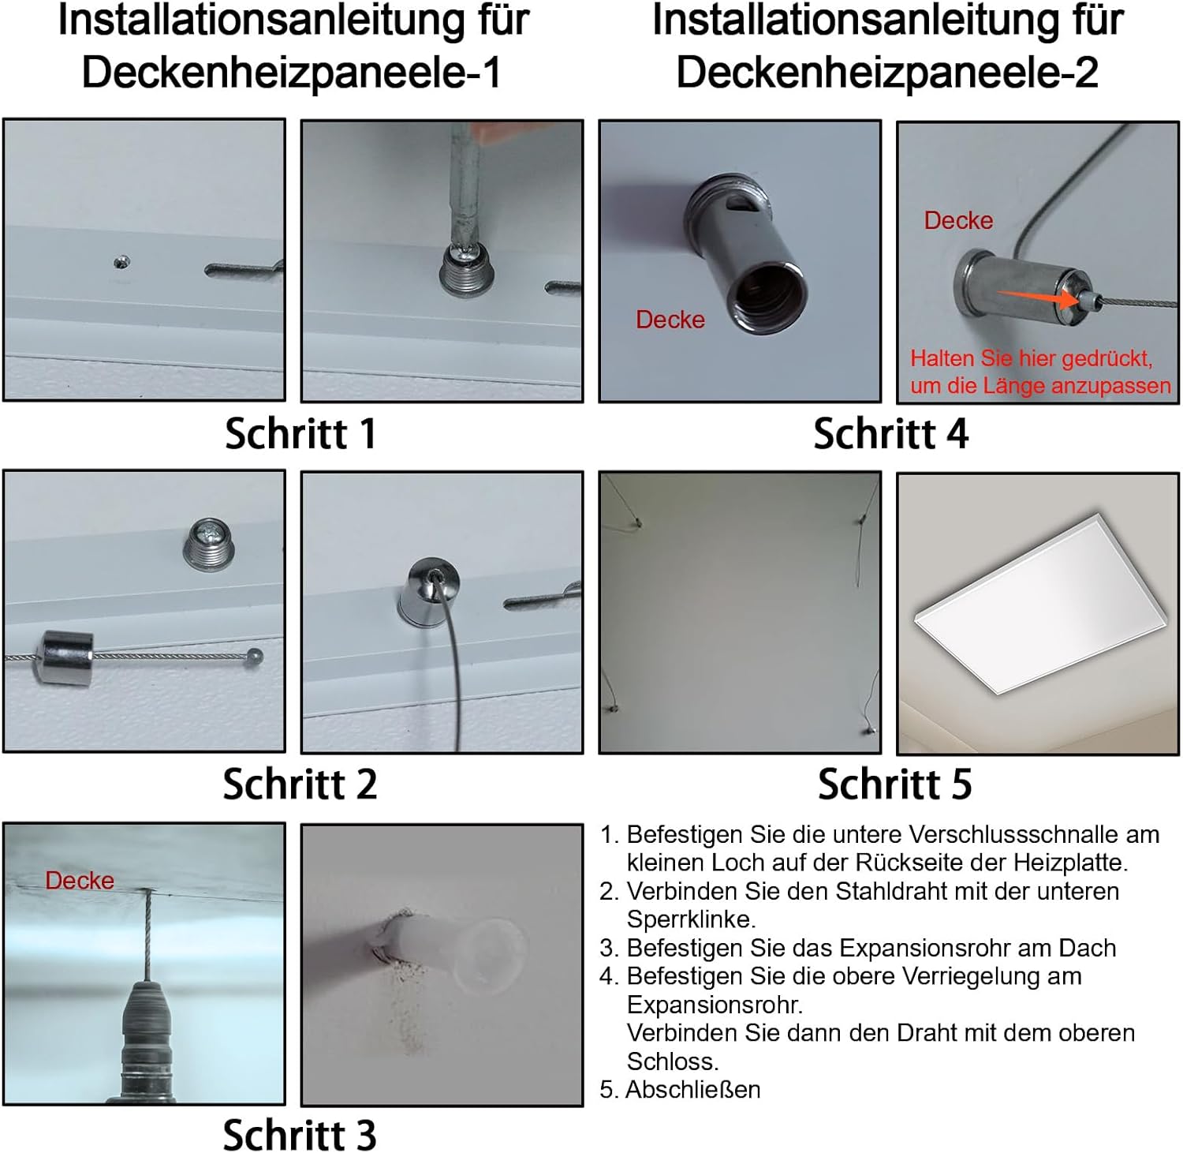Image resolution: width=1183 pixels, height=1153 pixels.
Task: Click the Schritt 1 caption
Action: [300, 433]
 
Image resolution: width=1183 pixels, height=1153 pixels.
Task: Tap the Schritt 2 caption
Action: [300, 784]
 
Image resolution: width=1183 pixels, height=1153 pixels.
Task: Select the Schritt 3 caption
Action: [300, 1134]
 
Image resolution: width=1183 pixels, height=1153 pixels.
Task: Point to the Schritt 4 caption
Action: [891, 433]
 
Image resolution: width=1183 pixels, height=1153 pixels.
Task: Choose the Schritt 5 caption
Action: [895, 784]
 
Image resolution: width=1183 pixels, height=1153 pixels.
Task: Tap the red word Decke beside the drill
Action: [80, 880]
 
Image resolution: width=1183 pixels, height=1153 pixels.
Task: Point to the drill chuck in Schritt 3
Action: [147, 1042]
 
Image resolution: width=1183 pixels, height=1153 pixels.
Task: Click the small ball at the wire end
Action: [254, 655]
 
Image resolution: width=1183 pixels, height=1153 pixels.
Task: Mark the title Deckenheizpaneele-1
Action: [292, 73]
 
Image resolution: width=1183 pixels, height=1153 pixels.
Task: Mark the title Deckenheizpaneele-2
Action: [887, 73]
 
